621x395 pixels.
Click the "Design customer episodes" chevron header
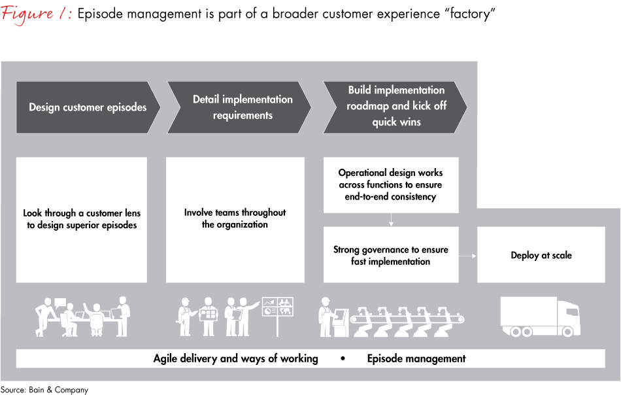click(88, 107)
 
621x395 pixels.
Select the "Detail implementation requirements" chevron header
click(243, 107)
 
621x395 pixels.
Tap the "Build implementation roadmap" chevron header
click(396, 106)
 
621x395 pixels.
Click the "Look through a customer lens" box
click(82, 219)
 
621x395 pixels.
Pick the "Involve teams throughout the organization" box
click(235, 219)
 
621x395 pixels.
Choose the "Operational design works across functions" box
click(391, 184)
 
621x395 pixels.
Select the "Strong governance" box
click(391, 255)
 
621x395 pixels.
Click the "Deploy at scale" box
click(541, 255)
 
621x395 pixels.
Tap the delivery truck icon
click(540, 317)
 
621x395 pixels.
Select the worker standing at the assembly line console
click(326, 317)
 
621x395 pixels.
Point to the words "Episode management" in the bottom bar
click(416, 358)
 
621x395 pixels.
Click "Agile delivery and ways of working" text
click(236, 358)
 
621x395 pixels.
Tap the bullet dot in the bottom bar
click(343, 358)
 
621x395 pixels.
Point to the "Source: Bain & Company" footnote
click(44, 390)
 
